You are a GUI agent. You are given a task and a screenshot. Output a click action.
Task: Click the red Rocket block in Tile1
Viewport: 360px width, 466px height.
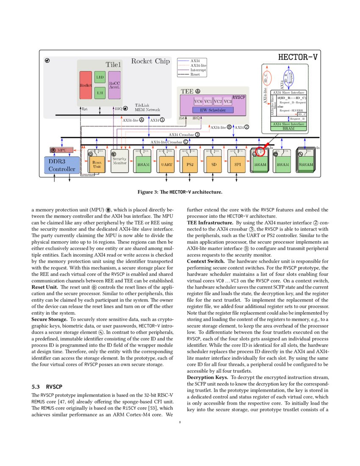[86, 85]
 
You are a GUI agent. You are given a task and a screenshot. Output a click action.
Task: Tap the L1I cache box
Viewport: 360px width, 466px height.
[100, 93]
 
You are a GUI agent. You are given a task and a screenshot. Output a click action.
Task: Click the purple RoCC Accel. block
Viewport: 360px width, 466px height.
[115, 85]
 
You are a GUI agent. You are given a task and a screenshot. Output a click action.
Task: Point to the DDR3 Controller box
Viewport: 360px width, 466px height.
[61, 165]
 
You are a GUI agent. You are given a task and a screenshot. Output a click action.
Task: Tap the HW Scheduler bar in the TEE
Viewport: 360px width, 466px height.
[213, 110]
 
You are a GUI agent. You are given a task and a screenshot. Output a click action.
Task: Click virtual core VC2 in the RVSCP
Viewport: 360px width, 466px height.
[218, 102]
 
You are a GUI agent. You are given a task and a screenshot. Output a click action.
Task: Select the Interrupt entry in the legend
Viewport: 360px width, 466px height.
[197, 70]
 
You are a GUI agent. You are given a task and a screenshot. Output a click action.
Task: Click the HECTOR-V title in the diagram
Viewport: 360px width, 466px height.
[297, 57]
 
